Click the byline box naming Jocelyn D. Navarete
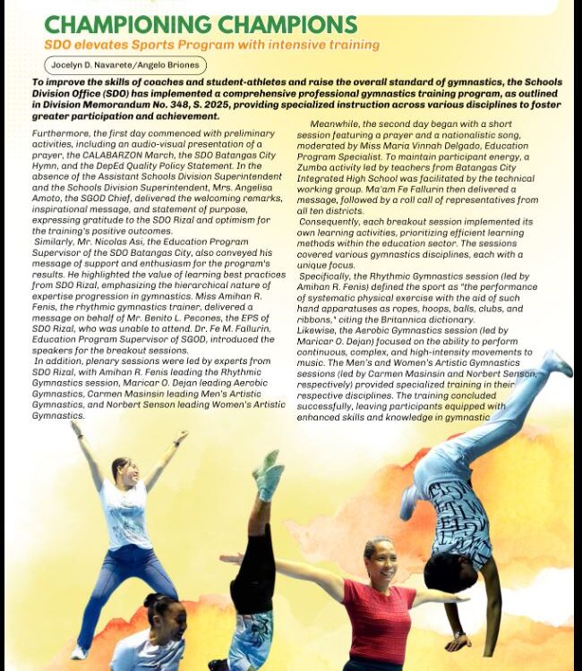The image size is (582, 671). coord(125,65)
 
